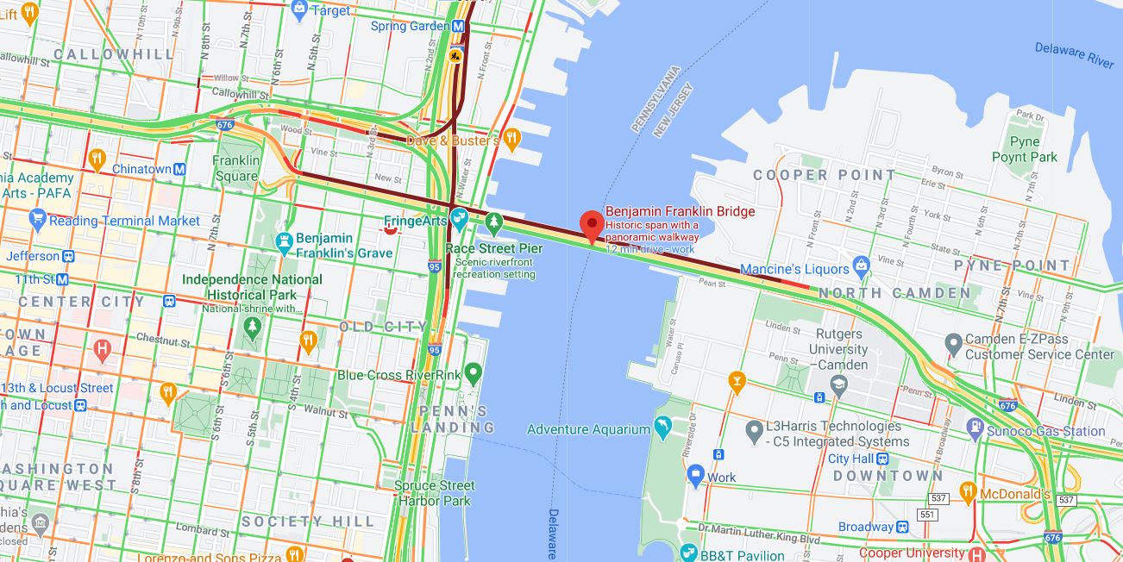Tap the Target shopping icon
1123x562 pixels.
tap(300, 10)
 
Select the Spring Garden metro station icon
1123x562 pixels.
tap(458, 26)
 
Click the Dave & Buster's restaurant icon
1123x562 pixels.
tap(511, 138)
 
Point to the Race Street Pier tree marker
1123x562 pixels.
tap(493, 222)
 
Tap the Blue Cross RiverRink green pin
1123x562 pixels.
tap(472, 373)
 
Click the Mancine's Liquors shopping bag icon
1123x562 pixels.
tap(860, 265)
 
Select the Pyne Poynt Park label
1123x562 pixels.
tap(1025, 149)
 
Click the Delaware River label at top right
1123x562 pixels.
tap(1074, 54)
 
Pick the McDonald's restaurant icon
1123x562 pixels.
tap(968, 493)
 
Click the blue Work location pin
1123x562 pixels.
tap(696, 474)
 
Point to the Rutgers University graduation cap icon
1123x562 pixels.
tap(838, 383)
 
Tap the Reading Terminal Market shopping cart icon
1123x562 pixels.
tap(37, 219)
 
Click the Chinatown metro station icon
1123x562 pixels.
tap(179, 169)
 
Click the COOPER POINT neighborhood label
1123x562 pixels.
tap(825, 175)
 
